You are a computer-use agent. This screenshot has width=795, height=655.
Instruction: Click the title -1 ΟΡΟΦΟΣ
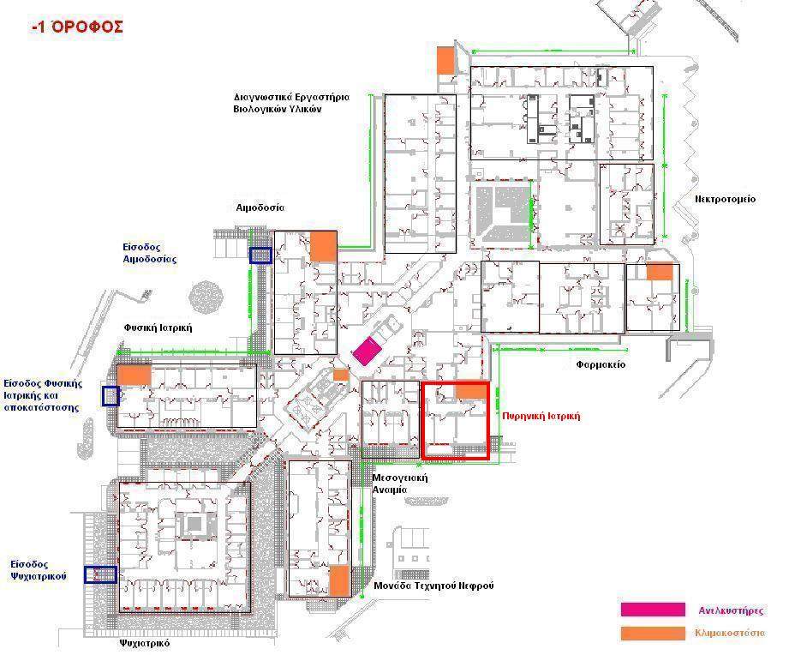pyautogui.click(x=77, y=27)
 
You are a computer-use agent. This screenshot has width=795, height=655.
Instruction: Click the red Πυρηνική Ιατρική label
pyautogui.click(x=541, y=416)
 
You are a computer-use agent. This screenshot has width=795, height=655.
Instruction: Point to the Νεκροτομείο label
pyautogui.click(x=725, y=200)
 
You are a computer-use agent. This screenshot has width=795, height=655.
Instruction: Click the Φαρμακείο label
pyautogui.click(x=601, y=364)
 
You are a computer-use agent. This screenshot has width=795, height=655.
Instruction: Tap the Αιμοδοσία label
pyautogui.click(x=260, y=208)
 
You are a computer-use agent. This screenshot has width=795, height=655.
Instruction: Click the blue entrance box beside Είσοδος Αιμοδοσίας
pyautogui.click(x=260, y=255)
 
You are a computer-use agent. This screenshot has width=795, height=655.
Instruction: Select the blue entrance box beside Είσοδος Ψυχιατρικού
pyautogui.click(x=100, y=574)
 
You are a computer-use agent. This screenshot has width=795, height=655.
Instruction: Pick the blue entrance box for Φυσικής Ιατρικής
pyautogui.click(x=111, y=396)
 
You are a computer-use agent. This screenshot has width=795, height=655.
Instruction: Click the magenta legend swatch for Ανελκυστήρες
pyautogui.click(x=653, y=610)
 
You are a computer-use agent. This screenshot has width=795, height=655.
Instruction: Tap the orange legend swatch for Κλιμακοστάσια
pyautogui.click(x=653, y=634)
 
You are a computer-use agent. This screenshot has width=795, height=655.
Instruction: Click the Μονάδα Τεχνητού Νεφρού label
pyautogui.click(x=433, y=586)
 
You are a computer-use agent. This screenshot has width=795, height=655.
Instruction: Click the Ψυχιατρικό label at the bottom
pyautogui.click(x=145, y=643)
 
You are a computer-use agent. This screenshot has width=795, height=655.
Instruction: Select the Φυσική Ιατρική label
pyautogui.click(x=158, y=327)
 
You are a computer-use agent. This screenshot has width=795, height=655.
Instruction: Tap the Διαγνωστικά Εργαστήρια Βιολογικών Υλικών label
pyautogui.click(x=291, y=103)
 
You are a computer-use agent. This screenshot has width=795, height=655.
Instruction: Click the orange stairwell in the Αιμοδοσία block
pyautogui.click(x=323, y=247)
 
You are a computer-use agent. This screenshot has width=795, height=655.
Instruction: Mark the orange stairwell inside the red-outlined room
pyautogui.click(x=471, y=391)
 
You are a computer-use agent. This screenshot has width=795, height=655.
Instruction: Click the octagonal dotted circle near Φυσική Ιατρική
pyautogui.click(x=206, y=296)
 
